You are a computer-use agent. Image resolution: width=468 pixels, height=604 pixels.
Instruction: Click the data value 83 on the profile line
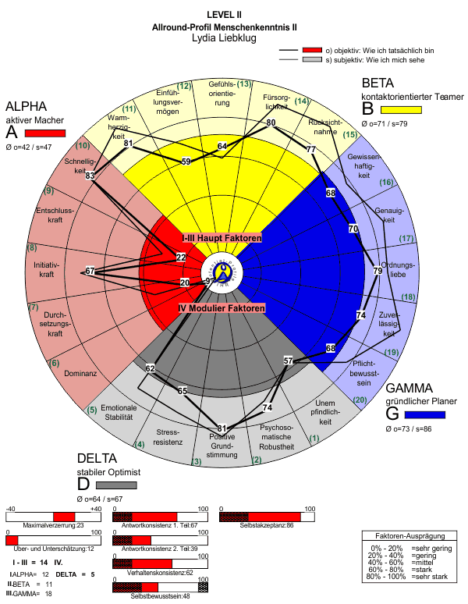coord(90,176)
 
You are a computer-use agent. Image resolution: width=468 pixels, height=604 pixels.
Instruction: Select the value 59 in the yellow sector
coord(186,162)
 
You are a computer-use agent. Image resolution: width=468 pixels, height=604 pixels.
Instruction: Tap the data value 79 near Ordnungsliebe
coord(378,271)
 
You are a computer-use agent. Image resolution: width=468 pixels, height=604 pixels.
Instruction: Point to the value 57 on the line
coord(289,361)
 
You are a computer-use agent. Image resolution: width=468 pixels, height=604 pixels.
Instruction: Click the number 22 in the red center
coord(181,257)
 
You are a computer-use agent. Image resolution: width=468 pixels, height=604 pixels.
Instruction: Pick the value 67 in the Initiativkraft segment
coord(90,271)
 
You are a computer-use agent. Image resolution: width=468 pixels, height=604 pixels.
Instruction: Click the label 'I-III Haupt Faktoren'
coord(222,237)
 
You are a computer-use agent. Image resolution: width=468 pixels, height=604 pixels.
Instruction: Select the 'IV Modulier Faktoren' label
coord(222,309)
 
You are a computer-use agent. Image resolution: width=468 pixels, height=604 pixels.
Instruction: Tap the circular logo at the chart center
coord(222,272)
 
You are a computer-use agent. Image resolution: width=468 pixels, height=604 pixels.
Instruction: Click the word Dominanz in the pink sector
coord(80,373)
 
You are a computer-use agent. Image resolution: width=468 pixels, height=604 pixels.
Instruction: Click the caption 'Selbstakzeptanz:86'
coord(268,526)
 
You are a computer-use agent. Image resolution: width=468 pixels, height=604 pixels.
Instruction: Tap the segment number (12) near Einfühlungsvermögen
coord(185,85)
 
